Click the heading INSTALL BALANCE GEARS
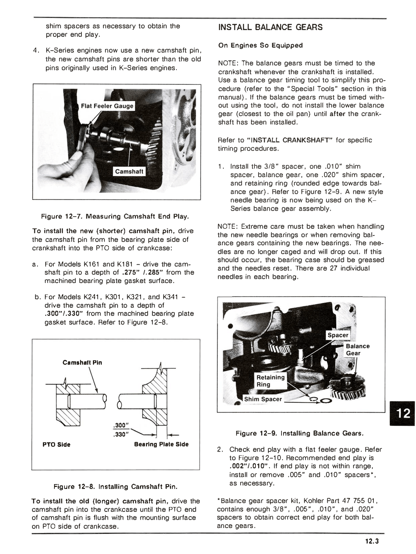270,27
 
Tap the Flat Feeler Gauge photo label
107,106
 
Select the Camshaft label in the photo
129,171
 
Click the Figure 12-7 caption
115,217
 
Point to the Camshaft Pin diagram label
82,363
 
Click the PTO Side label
56,445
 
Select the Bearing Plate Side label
161,444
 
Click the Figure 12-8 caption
115,487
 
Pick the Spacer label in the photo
338,335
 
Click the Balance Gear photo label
357,349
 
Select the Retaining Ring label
270,381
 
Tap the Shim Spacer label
263,399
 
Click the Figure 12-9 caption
300,433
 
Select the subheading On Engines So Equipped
260,45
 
